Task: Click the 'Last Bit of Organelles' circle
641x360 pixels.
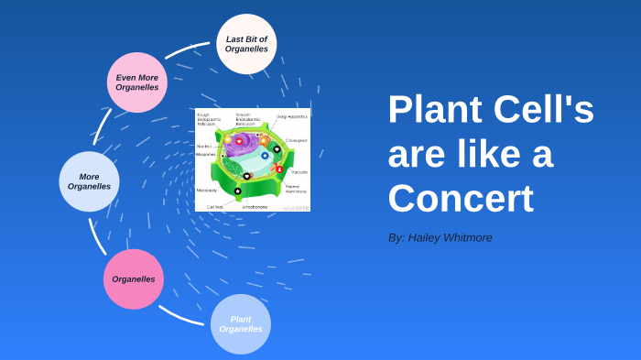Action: click(x=246, y=44)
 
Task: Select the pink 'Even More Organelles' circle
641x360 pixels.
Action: click(x=137, y=82)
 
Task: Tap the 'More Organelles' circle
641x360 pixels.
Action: click(x=89, y=181)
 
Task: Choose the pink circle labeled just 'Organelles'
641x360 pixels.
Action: click(x=134, y=279)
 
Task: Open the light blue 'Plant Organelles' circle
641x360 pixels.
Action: click(x=241, y=324)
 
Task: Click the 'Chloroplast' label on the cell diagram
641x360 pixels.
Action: click(x=296, y=140)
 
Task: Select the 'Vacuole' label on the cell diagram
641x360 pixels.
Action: click(x=299, y=172)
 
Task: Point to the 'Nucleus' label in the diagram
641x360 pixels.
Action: click(x=204, y=146)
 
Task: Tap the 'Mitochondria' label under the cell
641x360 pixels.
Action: click(x=255, y=207)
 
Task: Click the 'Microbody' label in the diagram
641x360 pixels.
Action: click(x=207, y=190)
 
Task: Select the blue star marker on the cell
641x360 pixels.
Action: click(x=265, y=156)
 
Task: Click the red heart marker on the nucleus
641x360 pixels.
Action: click(x=239, y=141)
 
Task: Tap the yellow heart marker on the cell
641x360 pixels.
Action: click(x=227, y=140)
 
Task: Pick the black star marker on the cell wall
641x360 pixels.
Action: click(x=237, y=191)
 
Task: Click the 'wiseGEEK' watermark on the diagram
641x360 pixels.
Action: click(x=296, y=208)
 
